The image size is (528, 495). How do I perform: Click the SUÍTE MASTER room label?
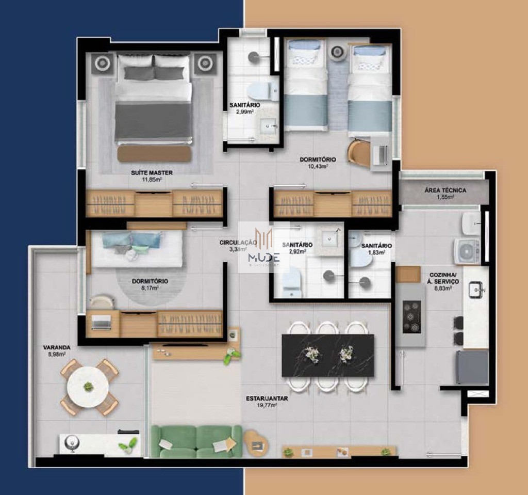click(x=151, y=172)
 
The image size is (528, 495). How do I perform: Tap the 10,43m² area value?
click(x=318, y=167)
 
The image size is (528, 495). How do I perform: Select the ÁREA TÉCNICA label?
click(x=445, y=190)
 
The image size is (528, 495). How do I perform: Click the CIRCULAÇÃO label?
click(x=238, y=242)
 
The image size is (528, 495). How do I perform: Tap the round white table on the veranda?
click(x=89, y=387)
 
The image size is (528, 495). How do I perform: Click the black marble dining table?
click(x=327, y=355)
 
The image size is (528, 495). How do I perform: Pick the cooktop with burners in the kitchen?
click(x=411, y=316)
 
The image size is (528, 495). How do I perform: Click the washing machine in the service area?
click(x=467, y=251)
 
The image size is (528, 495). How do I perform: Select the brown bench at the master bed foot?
click(x=154, y=154)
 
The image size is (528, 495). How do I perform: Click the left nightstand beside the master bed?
click(x=102, y=63)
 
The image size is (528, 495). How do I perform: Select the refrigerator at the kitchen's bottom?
click(x=471, y=366)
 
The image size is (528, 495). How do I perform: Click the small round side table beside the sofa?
click(x=254, y=442)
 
